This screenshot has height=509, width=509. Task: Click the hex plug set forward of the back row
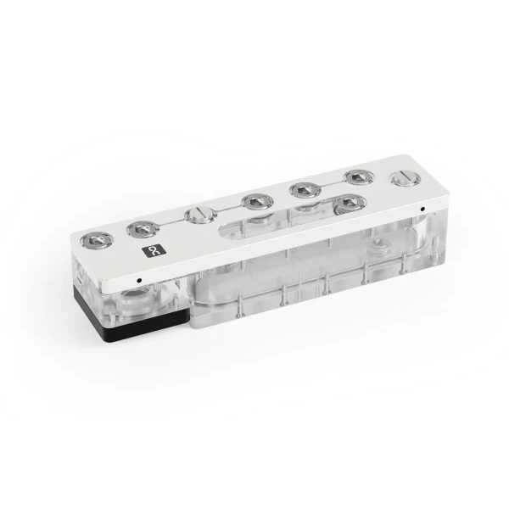tap(346, 203)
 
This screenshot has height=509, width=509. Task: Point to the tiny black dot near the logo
tap(139, 278)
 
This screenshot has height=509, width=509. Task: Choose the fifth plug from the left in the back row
tap(303, 188)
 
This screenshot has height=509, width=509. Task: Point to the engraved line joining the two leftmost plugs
tap(118, 235)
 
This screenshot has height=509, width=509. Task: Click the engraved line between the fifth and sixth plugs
tap(329, 182)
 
